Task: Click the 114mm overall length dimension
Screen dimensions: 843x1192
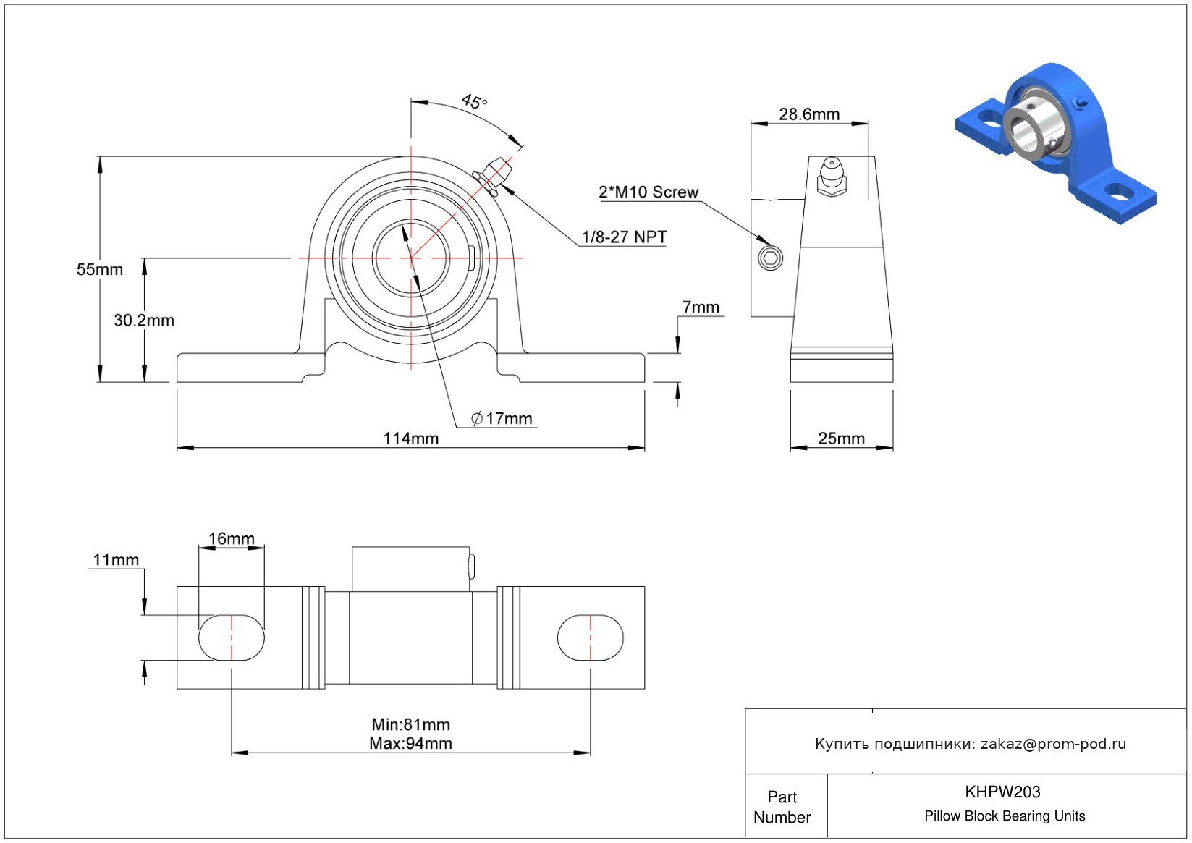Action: click(410, 439)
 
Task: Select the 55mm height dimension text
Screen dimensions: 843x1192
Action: click(100, 270)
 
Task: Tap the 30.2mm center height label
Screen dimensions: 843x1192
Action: click(144, 321)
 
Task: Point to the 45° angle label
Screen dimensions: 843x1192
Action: click(474, 101)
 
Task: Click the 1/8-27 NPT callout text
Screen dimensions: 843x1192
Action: click(624, 237)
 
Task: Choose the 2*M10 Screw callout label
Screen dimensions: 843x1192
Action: click(648, 192)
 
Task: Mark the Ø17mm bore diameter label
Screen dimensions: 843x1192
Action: click(502, 418)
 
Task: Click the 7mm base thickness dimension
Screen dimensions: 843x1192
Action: click(701, 308)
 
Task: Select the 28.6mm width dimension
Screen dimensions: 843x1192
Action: click(809, 114)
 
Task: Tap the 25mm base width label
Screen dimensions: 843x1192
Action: click(841, 439)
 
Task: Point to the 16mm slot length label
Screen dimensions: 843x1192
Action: click(232, 539)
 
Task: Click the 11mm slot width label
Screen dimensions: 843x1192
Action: click(116, 560)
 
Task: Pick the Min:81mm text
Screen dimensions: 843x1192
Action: click(410, 724)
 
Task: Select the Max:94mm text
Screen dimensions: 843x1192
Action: click(410, 743)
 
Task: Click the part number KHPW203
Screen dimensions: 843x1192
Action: click(1002, 792)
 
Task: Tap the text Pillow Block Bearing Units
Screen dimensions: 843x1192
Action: click(1005, 816)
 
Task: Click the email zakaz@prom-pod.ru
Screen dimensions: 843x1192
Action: click(1053, 744)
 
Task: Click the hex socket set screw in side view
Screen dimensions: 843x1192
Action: click(770, 258)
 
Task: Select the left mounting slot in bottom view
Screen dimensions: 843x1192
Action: click(232, 637)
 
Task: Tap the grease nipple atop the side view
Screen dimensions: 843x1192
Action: click(832, 176)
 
